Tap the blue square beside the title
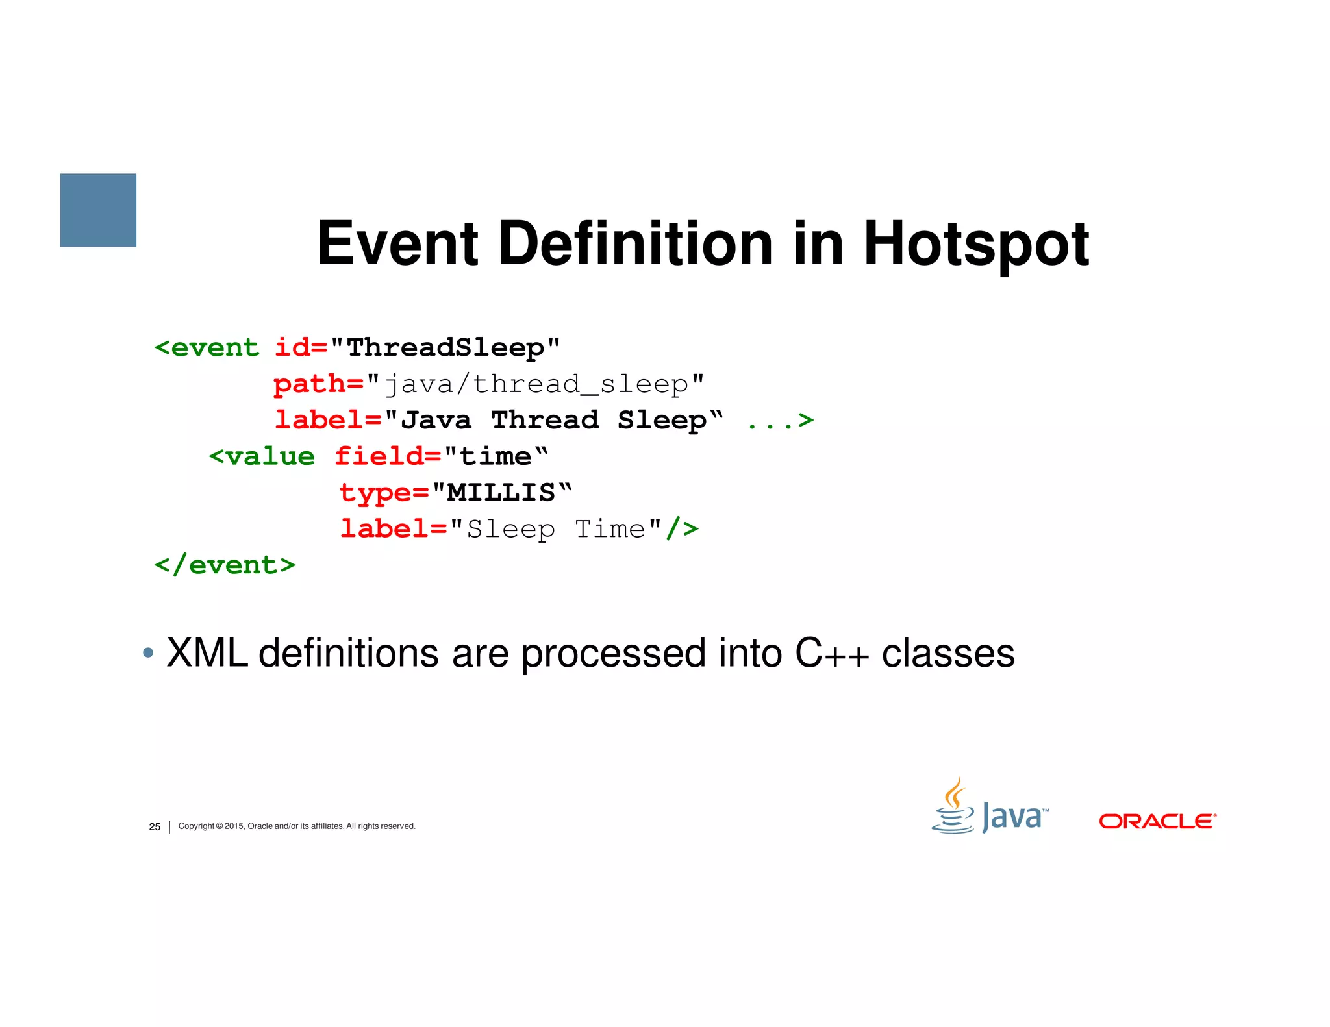coord(98,210)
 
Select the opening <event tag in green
coord(207,347)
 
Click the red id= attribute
coord(301,347)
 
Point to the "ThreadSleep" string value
coord(445,347)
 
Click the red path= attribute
coord(318,384)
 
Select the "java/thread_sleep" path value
coord(535,384)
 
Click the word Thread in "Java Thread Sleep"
coord(544,420)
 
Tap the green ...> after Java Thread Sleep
coord(780,420)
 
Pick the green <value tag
coord(261,456)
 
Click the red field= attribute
coord(388,456)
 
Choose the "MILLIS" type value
coord(501,493)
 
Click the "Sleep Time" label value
coord(555,529)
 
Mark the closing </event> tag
coord(225,565)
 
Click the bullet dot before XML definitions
coord(148,652)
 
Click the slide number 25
coord(155,826)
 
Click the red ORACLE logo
coord(1157,821)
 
